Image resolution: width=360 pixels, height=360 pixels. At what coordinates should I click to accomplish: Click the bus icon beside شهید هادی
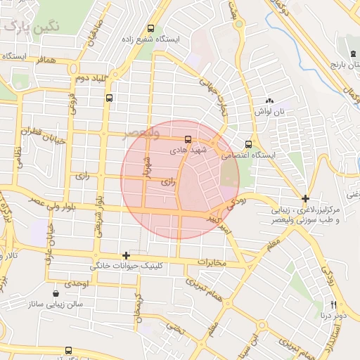[188, 139]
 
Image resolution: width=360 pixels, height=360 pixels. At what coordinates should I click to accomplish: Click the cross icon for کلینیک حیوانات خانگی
[126, 255]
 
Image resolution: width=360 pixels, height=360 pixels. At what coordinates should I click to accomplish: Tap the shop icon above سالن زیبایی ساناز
[56, 293]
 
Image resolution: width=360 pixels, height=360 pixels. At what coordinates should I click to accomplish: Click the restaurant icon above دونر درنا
[333, 304]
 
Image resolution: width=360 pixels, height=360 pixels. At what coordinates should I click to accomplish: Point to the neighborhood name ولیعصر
[141, 132]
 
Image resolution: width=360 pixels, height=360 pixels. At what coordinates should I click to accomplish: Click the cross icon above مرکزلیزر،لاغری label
[305, 199]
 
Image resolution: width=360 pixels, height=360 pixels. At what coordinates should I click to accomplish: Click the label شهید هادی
[188, 150]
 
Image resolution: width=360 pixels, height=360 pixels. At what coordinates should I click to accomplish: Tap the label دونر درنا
[333, 316]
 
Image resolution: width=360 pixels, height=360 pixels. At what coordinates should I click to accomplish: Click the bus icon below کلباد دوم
[109, 98]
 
